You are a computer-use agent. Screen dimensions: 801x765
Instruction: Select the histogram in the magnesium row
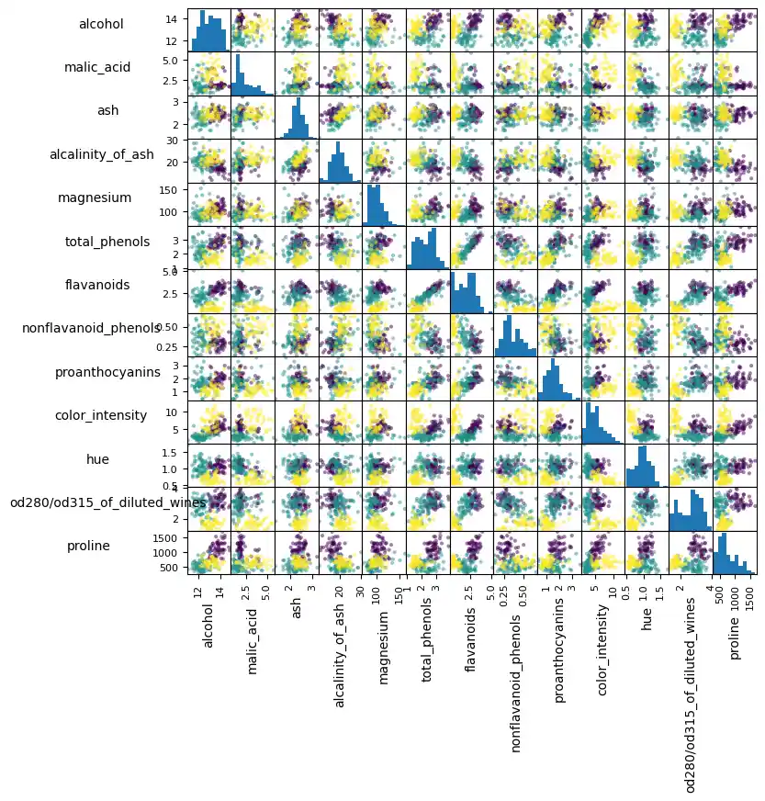click(384, 205)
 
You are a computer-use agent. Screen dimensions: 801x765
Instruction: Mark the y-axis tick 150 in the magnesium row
click(172, 189)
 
